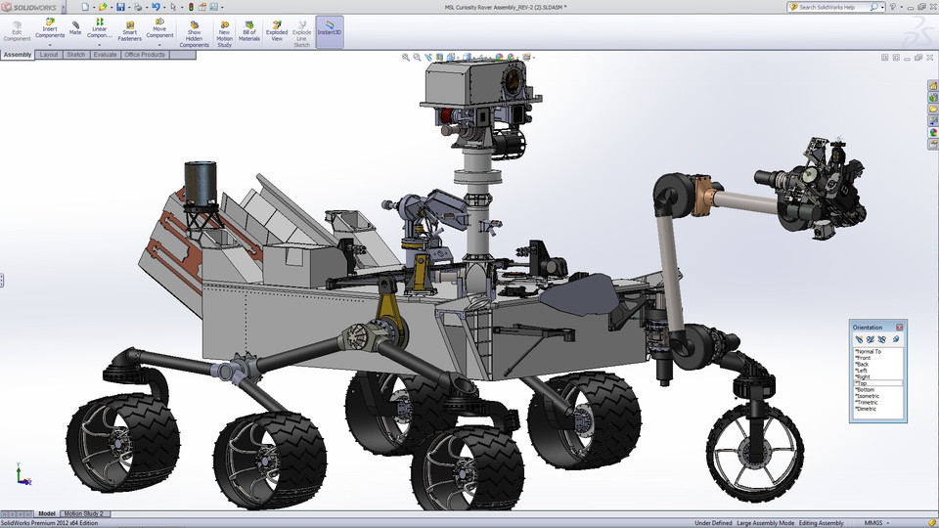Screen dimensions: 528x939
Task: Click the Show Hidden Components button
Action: coord(195,33)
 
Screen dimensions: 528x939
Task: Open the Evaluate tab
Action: coord(105,55)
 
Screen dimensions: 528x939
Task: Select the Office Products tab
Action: coord(145,55)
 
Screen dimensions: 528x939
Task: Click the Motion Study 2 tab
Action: coord(84,513)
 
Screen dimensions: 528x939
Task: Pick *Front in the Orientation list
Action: coord(863,358)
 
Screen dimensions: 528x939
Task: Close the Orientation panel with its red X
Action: coord(900,327)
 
